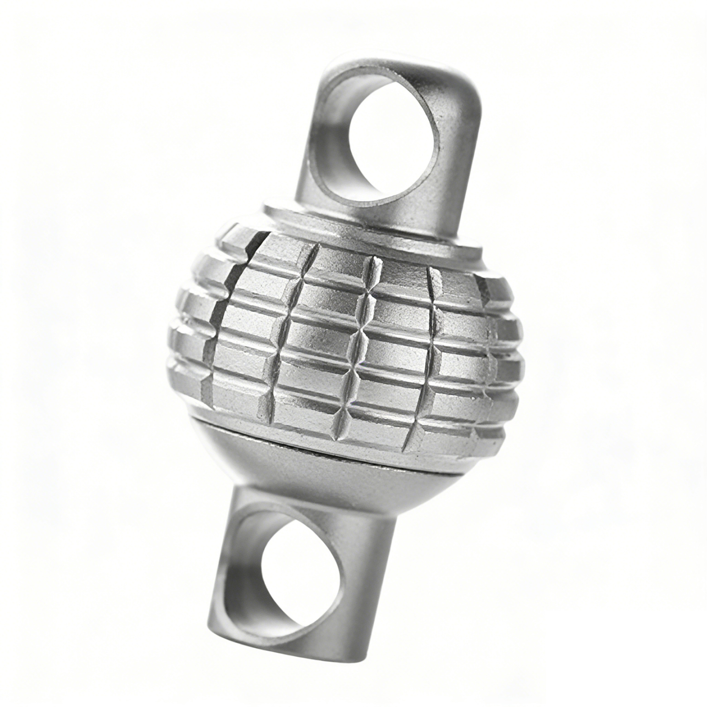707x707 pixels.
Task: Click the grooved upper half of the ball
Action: click(342, 333)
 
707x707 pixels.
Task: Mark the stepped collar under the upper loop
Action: click(372, 230)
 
